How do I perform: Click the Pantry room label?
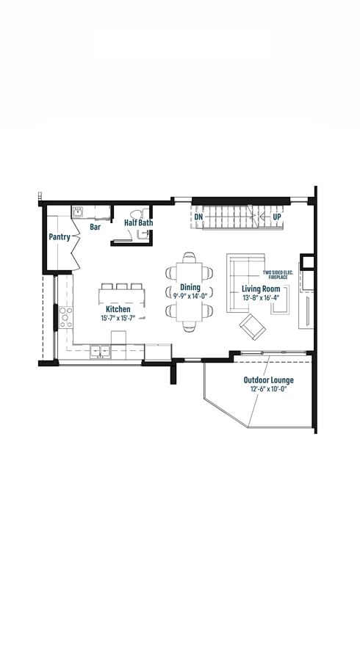(x=60, y=237)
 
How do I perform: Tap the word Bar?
(x=96, y=227)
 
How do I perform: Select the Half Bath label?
(x=139, y=222)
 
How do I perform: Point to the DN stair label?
(x=199, y=217)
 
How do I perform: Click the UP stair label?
(x=277, y=217)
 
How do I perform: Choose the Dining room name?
(x=190, y=287)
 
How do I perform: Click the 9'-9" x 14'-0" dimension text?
(x=190, y=295)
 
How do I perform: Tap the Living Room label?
(x=261, y=289)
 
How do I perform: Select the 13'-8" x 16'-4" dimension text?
(x=261, y=297)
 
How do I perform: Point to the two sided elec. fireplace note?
(x=278, y=275)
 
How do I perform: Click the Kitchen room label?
(x=118, y=309)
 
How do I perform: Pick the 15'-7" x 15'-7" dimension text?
(x=118, y=318)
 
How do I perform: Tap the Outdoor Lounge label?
(x=269, y=380)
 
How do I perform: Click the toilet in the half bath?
(x=139, y=214)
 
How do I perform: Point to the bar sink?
(x=78, y=212)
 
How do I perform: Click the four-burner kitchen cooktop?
(x=65, y=317)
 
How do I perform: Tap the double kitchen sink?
(x=100, y=351)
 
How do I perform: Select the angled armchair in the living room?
(x=253, y=327)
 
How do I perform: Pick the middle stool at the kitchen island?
(x=122, y=286)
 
